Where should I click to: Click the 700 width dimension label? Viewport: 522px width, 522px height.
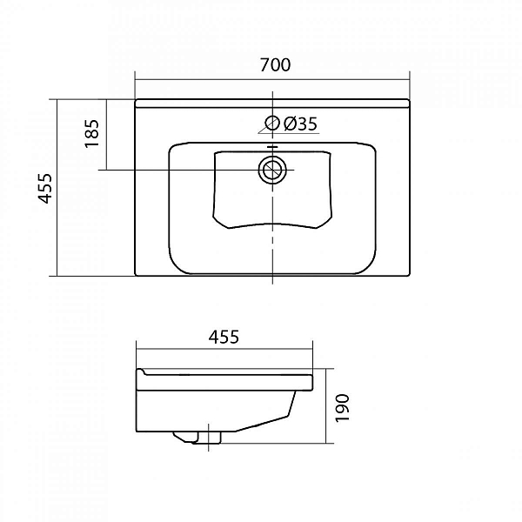275,65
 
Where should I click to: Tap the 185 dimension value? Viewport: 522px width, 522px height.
92,133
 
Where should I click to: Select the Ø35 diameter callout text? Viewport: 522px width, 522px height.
300,124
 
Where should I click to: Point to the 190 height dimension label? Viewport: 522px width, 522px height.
342,408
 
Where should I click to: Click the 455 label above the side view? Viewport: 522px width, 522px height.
224,337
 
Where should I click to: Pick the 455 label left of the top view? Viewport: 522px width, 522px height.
45,188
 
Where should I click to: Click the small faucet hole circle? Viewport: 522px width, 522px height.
272,124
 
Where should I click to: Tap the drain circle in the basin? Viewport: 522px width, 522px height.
272,171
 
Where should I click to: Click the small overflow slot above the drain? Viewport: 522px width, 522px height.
272,146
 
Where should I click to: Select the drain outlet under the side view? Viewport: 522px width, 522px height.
197,438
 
